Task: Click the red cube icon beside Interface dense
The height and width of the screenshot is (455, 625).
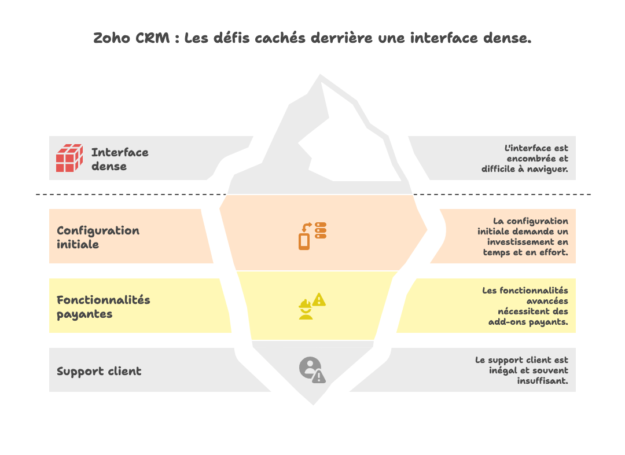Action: pos(69,158)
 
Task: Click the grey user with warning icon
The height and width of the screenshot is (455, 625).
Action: pos(312,370)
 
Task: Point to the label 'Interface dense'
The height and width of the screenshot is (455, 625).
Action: pos(120,159)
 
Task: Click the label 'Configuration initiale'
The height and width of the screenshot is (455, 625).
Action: pos(98,237)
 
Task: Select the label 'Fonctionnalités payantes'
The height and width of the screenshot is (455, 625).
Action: pos(103,307)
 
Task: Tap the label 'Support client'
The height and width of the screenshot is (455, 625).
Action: pos(99,371)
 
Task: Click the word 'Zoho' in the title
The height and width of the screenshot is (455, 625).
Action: pos(112,39)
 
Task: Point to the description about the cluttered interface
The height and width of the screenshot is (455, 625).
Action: pos(525,159)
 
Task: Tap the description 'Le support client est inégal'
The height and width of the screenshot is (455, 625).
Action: pos(522,370)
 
